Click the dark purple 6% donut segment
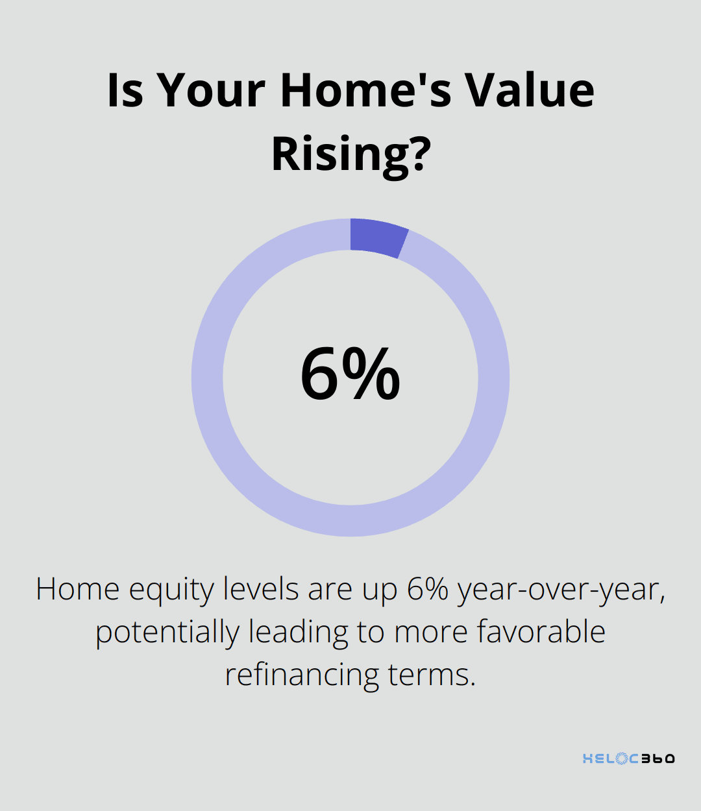[x=376, y=237]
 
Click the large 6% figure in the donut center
[x=350, y=374]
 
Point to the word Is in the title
[x=125, y=90]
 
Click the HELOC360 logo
[x=628, y=758]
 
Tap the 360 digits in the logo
[x=658, y=758]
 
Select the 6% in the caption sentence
[x=428, y=589]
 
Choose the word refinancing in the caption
[x=302, y=675]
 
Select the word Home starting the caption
[x=77, y=589]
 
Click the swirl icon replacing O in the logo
[x=622, y=758]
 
